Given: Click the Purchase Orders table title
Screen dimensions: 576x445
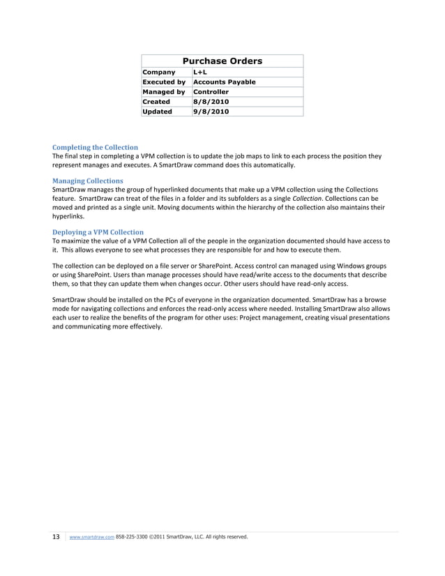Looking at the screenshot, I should (x=222, y=61).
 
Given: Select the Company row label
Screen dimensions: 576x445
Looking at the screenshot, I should (x=158, y=73).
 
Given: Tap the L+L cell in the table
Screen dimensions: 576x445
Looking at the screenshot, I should (x=201, y=73).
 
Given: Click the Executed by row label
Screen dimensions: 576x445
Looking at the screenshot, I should (x=163, y=82).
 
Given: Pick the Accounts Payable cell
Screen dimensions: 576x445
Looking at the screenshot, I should (x=224, y=82).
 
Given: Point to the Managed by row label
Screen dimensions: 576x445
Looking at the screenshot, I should (x=163, y=92).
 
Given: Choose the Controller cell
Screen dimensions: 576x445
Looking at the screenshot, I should (x=211, y=92).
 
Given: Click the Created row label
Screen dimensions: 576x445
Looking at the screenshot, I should (x=156, y=102).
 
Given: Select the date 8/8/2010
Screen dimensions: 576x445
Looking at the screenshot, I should (x=211, y=102).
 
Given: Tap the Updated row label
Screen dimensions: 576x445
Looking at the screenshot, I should (x=157, y=112).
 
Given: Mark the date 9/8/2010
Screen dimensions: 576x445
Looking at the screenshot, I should (x=211, y=112).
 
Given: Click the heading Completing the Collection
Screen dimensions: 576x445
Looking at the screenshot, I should (x=95, y=148).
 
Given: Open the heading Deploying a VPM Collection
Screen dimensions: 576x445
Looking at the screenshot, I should (x=98, y=232).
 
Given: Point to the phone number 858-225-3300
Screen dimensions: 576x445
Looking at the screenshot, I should (x=133, y=538).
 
